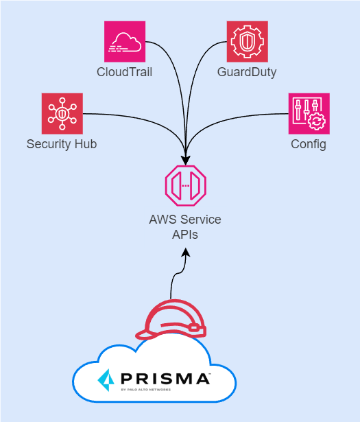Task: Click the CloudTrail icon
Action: [125, 42]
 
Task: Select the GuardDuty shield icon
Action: [247, 42]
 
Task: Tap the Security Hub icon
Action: [62, 114]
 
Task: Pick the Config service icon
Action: [309, 114]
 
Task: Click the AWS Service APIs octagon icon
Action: [185, 185]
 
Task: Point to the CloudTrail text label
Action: [125, 72]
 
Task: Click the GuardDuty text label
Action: [247, 72]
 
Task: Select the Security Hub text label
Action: [62, 144]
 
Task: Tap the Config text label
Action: [309, 144]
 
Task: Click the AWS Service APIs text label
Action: [185, 226]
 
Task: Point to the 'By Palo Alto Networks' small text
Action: [146, 389]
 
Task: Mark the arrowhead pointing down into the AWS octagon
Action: [185, 157]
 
